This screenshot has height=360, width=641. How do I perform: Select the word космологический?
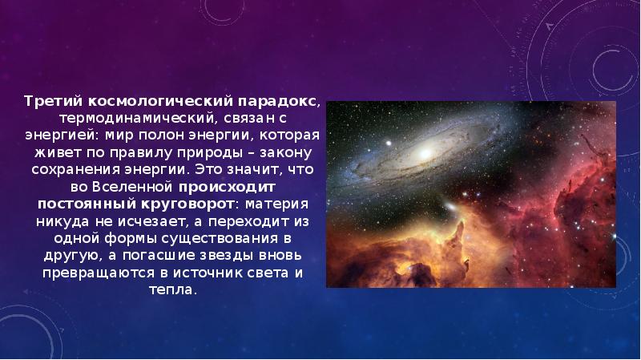(150, 102)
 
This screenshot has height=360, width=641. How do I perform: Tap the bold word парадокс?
(279, 102)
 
